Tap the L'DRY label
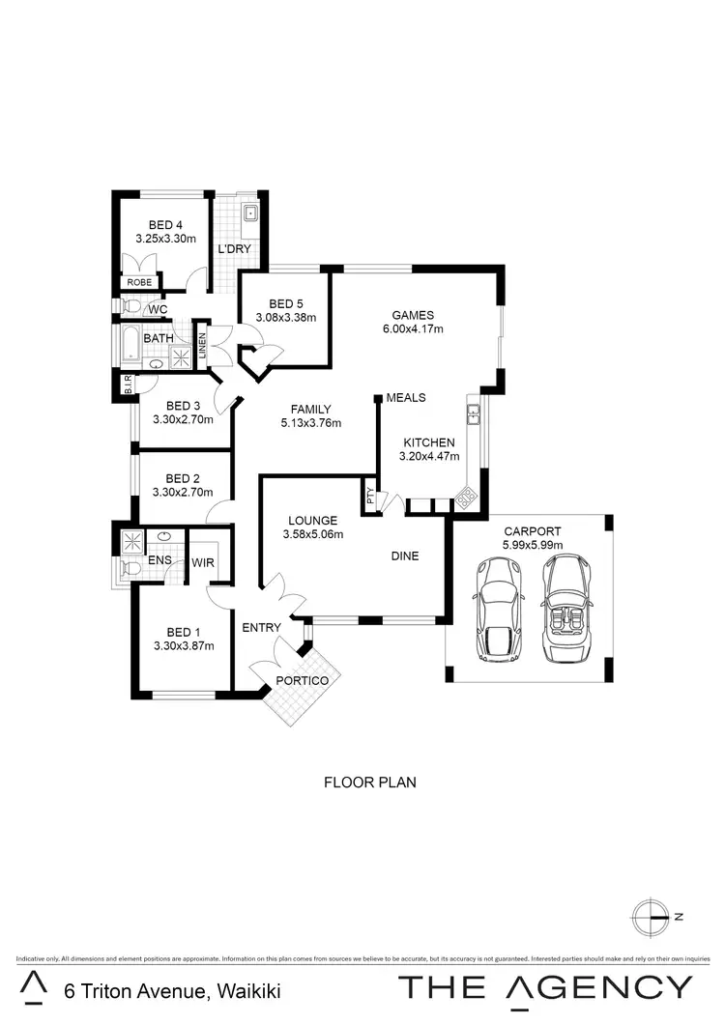point(234,249)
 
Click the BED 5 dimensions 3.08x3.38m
point(286,317)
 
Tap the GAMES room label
point(413,315)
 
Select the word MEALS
point(406,398)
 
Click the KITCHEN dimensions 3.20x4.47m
point(430,457)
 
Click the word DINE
point(405,555)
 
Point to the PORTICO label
point(303,680)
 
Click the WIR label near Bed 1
point(203,561)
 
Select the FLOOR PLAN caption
point(369,783)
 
